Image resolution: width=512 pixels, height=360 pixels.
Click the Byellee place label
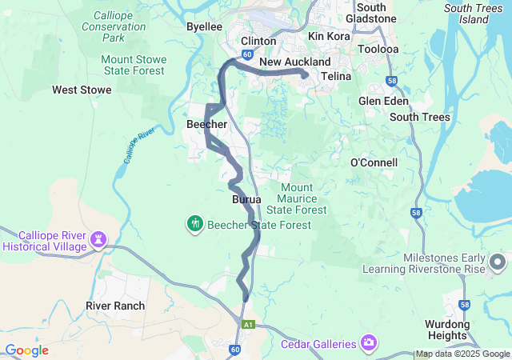point(204,26)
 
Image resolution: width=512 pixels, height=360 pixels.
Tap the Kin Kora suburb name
point(328,37)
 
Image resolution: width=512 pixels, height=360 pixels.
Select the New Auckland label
point(294,62)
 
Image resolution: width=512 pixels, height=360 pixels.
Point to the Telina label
point(337,77)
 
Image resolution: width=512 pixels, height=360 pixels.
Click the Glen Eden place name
point(383,102)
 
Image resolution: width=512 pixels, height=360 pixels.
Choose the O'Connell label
point(374,162)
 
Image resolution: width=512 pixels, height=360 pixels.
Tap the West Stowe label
point(82,90)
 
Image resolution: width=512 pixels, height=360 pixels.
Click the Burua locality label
point(246,198)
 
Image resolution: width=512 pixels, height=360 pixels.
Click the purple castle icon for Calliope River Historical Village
point(99,239)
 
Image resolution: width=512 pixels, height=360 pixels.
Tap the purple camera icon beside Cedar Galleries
point(369,344)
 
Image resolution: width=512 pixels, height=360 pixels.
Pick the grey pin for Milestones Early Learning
point(498,262)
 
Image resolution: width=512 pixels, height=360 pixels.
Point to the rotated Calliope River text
point(138,145)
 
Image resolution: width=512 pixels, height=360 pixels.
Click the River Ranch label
point(115,306)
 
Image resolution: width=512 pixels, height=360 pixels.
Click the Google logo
point(27,350)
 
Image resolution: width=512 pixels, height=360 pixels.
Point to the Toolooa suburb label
point(378,48)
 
